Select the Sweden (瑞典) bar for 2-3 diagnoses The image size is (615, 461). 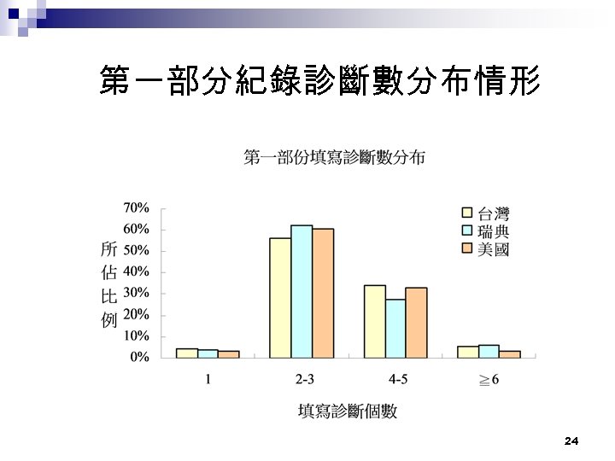(302, 291)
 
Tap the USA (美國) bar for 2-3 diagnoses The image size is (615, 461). (323, 293)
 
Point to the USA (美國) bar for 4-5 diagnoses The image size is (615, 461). (416, 322)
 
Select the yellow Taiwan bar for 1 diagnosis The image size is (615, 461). (187, 353)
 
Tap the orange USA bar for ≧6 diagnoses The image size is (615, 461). (510, 353)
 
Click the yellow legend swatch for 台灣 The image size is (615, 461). (467, 213)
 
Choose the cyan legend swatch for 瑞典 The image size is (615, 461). (467, 231)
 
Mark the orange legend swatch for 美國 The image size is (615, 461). (467, 248)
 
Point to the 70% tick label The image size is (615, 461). (137, 207)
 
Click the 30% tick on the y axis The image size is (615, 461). (137, 293)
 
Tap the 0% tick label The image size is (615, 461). (139, 358)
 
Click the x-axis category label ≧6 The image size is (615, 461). (489, 379)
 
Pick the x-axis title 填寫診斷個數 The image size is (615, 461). (348, 411)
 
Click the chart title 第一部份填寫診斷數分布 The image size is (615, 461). (335, 158)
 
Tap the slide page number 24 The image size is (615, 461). (571, 441)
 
